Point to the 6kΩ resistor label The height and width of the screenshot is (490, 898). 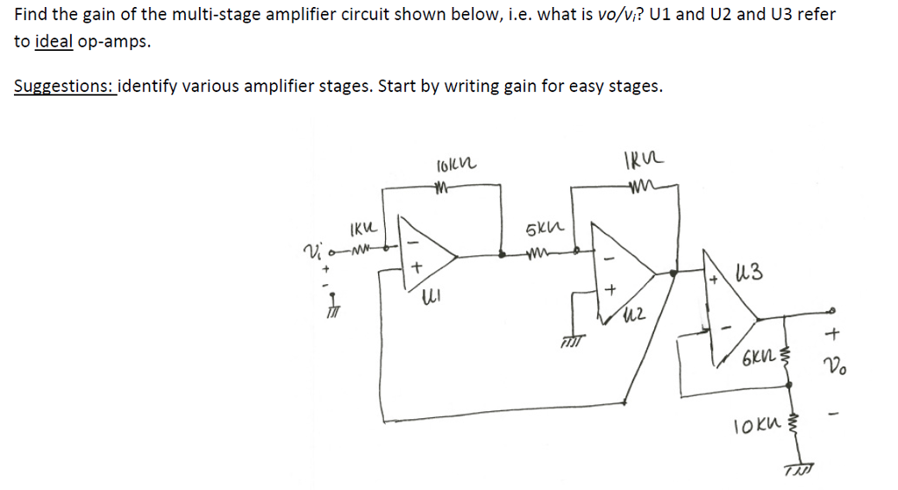point(757,359)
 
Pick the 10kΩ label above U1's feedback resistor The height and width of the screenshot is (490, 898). point(455,163)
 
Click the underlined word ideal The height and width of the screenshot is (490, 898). point(53,41)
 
